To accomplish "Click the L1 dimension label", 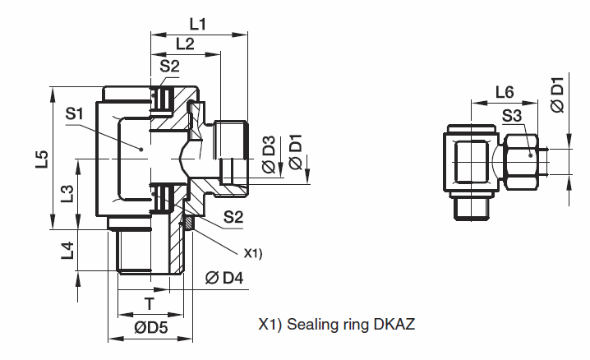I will [x=196, y=24].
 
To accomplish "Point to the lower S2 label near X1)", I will [x=234, y=217].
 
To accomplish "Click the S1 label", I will [x=75, y=114].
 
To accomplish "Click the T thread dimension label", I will [x=149, y=303].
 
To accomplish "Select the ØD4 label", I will [x=224, y=278].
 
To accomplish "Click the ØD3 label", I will [x=268, y=155].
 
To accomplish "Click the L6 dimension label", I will [x=505, y=91].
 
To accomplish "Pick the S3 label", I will [x=512, y=114].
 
